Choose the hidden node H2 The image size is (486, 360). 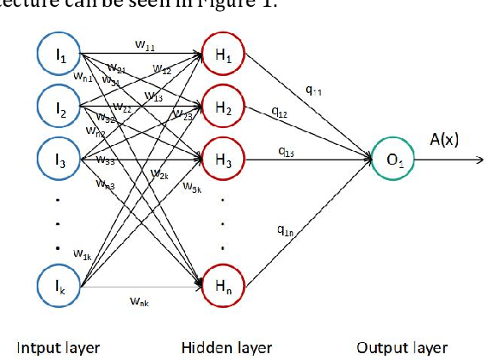[223, 107]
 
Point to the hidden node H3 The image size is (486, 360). [223, 158]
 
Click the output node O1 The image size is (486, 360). [394, 159]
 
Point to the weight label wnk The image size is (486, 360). [139, 300]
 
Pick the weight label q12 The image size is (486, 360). [279, 111]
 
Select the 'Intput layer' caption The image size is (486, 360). [58, 346]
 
